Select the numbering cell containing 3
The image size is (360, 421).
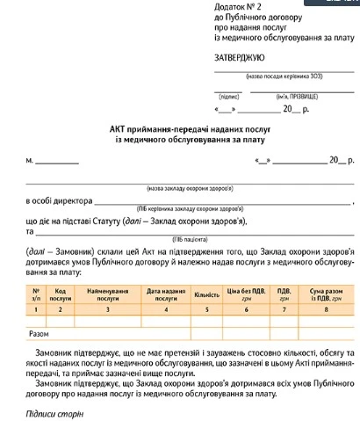108,309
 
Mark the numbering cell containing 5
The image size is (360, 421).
207,309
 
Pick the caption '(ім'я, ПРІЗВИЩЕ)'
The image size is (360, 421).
298,95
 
